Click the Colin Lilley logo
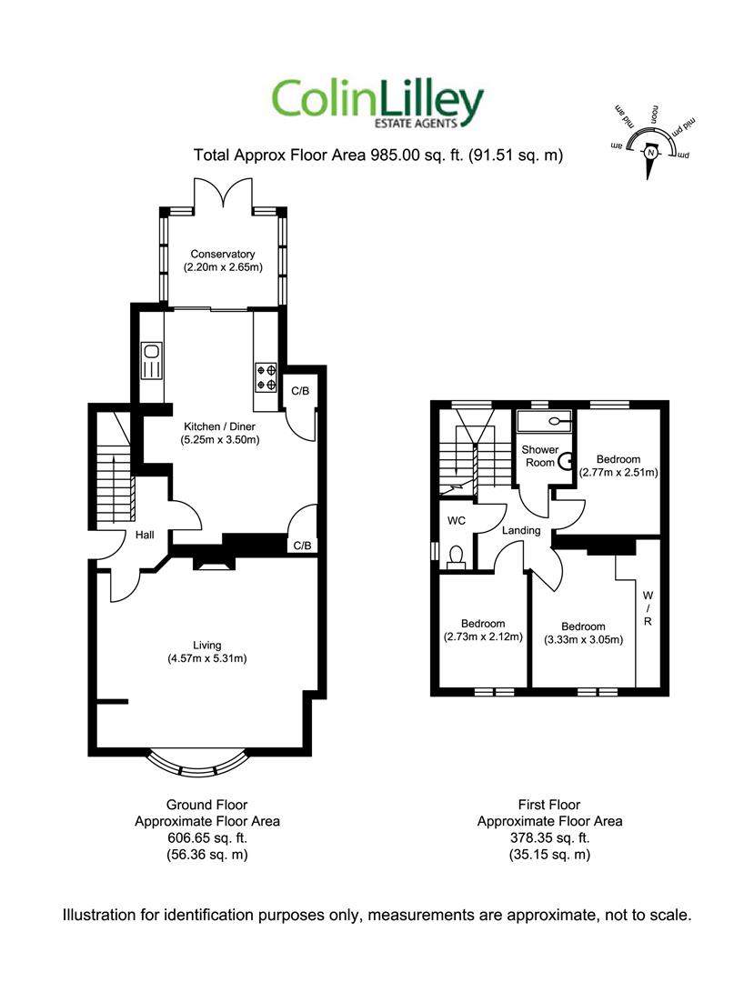377,103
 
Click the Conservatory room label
222,254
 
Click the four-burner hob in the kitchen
266,377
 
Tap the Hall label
145,536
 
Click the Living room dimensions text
207,658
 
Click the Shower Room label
538,456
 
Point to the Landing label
521,530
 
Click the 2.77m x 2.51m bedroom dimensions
618,472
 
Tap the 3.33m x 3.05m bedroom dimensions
583,639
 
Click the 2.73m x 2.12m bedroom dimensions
482,636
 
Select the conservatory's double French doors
222,191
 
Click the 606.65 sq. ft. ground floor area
206,837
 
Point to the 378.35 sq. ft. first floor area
549,837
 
